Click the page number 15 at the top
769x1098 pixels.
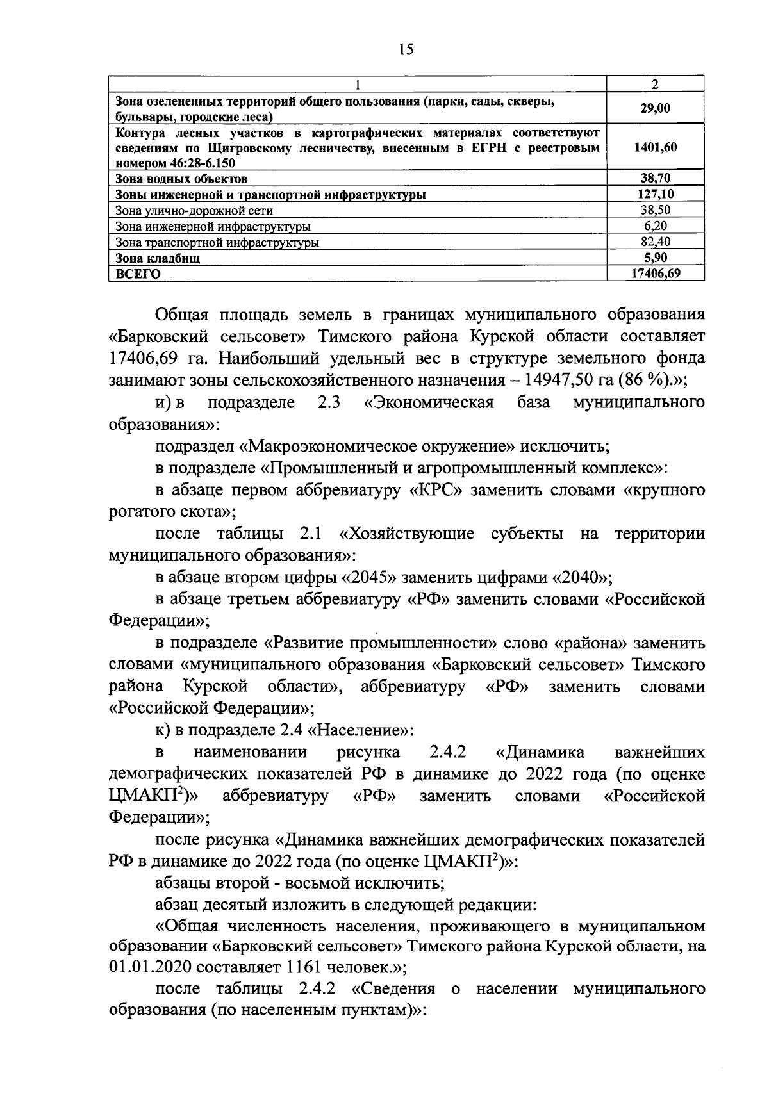tap(406, 50)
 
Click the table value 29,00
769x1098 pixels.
tap(655, 108)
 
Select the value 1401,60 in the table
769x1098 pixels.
tap(655, 147)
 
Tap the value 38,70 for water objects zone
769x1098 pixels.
tap(655, 178)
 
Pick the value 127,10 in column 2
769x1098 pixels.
tap(655, 194)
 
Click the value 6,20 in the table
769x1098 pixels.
tap(655, 226)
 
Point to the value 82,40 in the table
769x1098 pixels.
tap(655, 242)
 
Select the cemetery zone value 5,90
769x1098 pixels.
tap(655, 258)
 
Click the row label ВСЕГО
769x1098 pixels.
tap(138, 274)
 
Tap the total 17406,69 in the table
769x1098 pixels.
tap(655, 274)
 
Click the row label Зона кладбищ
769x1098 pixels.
tap(158, 258)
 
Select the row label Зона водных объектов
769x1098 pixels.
tap(181, 179)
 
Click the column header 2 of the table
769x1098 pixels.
tap(655, 85)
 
